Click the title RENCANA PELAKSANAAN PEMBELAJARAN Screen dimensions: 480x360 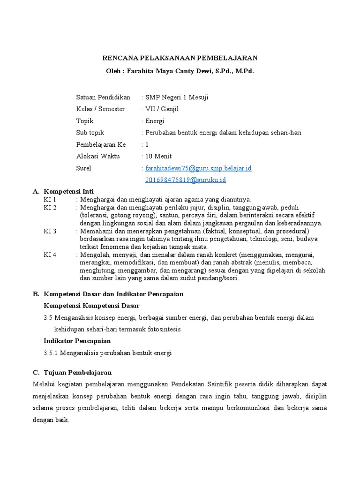pos(180,58)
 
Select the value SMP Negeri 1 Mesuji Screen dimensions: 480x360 pos(177,97)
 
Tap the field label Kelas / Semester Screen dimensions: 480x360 pos(100,109)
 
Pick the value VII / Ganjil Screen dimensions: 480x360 pos(162,109)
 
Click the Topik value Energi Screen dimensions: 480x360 pos(155,121)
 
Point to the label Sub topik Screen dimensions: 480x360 pos(90,133)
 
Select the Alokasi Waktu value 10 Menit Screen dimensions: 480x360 pos(159,156)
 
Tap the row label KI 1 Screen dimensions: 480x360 pos(50,199)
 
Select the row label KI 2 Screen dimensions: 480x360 pos(50,207)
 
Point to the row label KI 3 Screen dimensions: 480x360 pos(50,231)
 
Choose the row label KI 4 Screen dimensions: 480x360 pos(50,255)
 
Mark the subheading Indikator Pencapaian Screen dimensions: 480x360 pos(77,341)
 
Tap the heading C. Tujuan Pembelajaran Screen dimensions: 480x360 pos(72,373)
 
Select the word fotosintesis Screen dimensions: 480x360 pos(162,329)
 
